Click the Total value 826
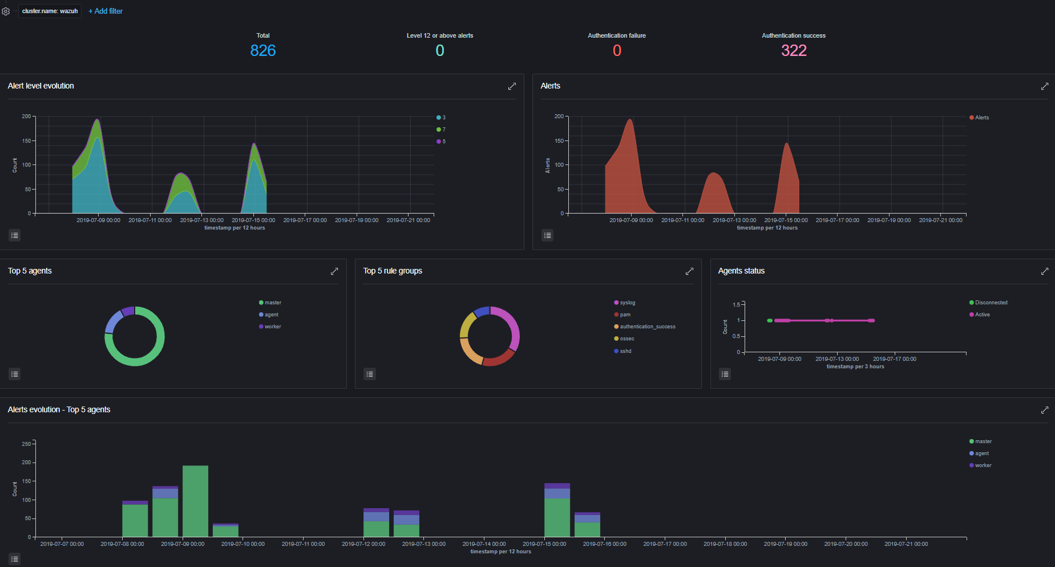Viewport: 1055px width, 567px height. (263, 51)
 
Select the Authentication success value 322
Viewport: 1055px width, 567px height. (794, 51)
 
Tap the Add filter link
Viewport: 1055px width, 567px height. (106, 11)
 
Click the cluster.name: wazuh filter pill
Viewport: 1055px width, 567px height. (50, 11)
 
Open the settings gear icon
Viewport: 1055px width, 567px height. (6, 11)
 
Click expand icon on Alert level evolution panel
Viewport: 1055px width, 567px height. (512, 86)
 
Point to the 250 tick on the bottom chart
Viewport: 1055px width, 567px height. (26, 444)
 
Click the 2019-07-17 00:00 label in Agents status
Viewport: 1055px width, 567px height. (894, 359)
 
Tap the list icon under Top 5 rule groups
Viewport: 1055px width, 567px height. (370, 374)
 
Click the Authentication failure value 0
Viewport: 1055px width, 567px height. (617, 51)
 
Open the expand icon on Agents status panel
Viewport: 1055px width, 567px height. (1044, 271)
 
